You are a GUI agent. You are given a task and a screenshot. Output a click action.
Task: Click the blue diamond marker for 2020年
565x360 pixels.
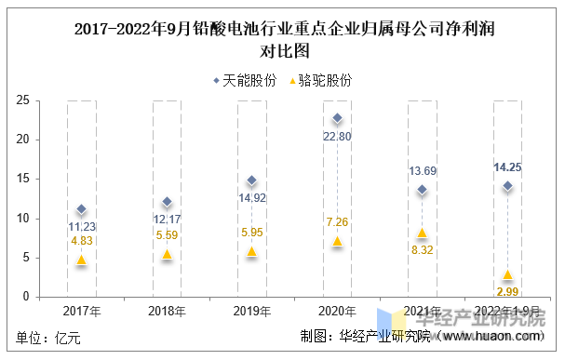point(337,119)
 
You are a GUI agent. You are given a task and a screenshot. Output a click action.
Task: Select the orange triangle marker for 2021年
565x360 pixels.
point(422,233)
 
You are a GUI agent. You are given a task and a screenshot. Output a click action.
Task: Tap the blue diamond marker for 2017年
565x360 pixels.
point(81,209)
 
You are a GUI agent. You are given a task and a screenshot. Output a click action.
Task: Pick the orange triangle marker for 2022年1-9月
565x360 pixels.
point(506,274)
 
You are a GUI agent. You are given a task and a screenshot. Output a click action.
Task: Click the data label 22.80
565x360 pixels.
point(337,137)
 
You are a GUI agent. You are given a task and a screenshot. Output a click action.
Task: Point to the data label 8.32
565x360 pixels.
point(422,249)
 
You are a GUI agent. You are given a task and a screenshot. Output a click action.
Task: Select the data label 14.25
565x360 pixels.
point(507,167)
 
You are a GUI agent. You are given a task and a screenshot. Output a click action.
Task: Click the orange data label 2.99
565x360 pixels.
point(507,292)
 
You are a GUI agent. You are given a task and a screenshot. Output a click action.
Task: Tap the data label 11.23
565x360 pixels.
point(82,226)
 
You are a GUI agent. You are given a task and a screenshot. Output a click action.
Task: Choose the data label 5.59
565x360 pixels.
point(167,235)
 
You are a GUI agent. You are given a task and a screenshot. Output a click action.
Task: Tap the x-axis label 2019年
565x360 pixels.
point(251,311)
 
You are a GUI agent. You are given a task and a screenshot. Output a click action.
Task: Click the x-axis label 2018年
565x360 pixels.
point(167,311)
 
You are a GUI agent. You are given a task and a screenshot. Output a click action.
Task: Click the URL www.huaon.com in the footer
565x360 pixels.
point(496,337)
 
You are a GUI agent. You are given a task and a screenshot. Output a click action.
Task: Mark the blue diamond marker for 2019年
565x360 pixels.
point(251,180)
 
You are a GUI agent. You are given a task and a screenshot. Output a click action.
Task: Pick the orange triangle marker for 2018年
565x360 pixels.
point(167,254)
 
